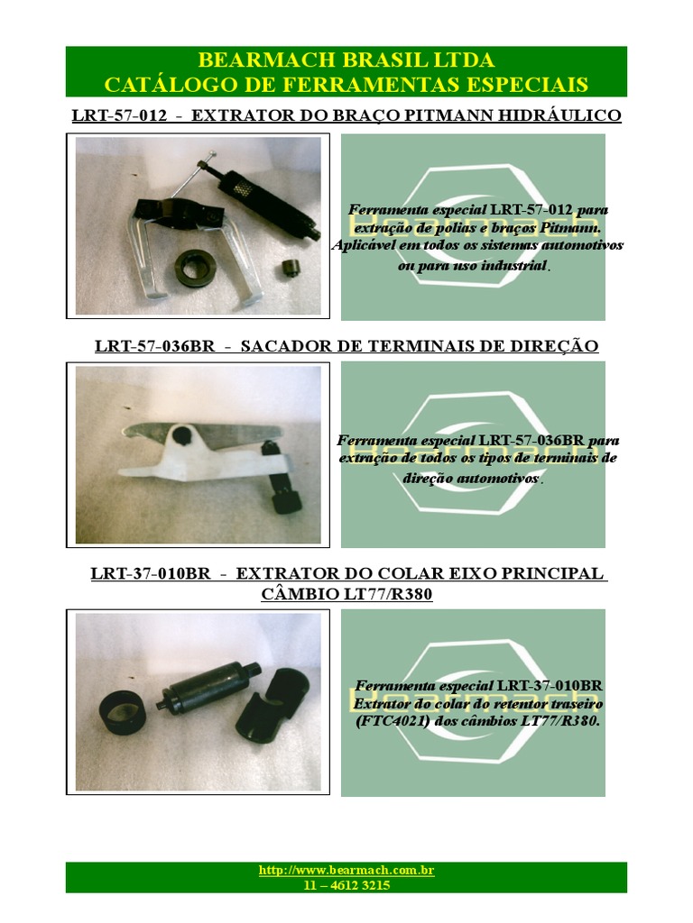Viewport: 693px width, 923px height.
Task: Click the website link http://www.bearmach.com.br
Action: click(346, 870)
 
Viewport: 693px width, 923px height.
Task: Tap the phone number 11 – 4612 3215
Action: click(346, 885)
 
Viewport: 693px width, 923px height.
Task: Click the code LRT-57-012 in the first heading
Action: click(120, 114)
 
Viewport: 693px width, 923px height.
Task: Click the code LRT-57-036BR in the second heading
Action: click(155, 345)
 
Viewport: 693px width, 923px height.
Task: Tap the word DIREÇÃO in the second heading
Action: click(548, 345)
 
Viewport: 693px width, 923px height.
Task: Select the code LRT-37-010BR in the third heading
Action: click(151, 573)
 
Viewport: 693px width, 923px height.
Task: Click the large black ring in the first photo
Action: click(196, 268)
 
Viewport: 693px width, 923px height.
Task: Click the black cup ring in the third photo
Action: click(121, 710)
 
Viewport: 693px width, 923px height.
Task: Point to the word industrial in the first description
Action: click(513, 265)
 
